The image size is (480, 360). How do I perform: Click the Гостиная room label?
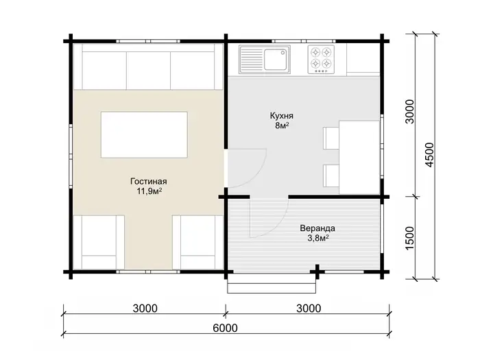(x=149, y=182)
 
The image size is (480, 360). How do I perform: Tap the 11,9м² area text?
(x=149, y=191)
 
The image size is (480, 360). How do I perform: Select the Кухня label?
(x=282, y=116)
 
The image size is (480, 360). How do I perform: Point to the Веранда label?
(x=317, y=228)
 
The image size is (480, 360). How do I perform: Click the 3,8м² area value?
(x=318, y=238)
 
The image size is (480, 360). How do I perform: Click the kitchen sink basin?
(x=276, y=60)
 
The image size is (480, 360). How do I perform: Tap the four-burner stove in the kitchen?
(x=321, y=60)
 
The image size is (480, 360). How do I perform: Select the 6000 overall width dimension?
(x=226, y=328)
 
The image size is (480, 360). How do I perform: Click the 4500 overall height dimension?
(x=430, y=155)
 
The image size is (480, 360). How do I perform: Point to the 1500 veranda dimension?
(x=409, y=238)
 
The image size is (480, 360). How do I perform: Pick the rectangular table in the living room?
(x=144, y=134)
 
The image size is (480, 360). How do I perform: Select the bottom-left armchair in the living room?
(x=99, y=242)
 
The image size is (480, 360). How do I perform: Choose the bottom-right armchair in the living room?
(x=198, y=242)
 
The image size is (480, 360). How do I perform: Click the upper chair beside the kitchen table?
(x=331, y=138)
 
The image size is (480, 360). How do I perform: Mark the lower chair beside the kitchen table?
(x=331, y=176)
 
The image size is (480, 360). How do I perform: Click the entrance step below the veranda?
(x=272, y=283)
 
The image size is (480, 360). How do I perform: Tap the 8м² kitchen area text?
(x=282, y=125)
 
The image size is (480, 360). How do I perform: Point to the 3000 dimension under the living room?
(x=145, y=309)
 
